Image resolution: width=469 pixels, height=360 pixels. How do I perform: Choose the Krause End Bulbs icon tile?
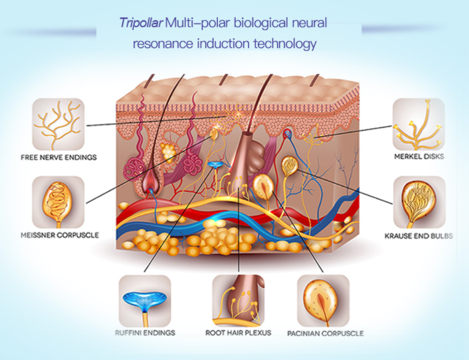point(419,201)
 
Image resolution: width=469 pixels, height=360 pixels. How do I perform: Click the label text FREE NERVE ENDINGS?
point(58,158)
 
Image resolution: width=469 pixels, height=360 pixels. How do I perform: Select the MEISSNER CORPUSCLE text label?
point(58,235)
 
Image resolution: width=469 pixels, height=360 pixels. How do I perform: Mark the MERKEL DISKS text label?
point(419,157)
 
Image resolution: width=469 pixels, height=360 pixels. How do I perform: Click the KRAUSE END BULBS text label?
point(419,236)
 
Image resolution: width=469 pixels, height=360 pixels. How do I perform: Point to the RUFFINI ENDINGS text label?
point(146,333)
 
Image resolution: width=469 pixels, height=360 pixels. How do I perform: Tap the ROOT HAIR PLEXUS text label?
point(238,333)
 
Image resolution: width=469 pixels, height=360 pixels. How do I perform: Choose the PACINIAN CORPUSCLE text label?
point(325,334)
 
